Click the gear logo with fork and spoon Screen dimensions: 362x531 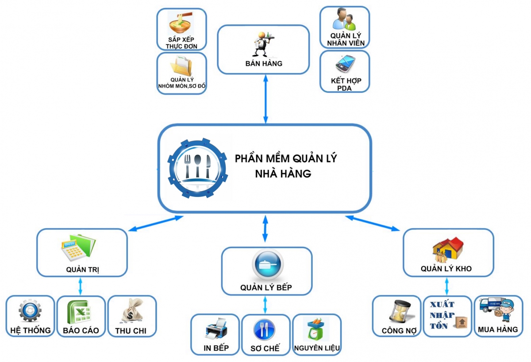pos(197,167)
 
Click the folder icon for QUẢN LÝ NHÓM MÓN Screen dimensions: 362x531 pos(182,66)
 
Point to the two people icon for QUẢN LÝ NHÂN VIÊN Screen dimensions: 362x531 pos(344,20)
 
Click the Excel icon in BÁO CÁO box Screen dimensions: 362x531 pos(80,312)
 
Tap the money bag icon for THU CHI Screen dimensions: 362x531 pos(132,311)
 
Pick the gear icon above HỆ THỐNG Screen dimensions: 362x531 pos(30,311)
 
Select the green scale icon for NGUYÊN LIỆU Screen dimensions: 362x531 pos(317,330)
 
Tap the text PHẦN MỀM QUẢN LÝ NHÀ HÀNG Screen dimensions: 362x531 pos(285,166)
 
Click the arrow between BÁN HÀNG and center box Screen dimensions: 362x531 pos(265,98)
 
